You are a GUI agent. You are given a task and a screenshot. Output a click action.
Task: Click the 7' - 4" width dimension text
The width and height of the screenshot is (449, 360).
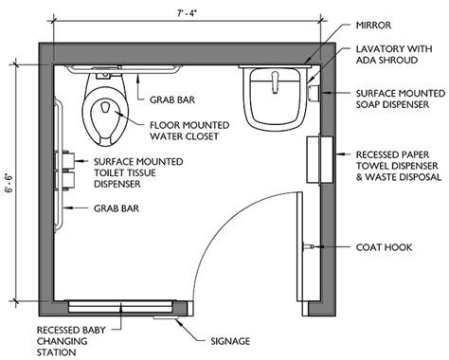[x=188, y=14]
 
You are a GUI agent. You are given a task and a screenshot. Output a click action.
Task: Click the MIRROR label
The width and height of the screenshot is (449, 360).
[x=373, y=26]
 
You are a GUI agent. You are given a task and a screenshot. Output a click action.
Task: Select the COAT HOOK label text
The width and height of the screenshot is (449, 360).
[x=384, y=247]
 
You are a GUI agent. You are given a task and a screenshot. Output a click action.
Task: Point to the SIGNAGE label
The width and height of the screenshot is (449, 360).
[x=230, y=341]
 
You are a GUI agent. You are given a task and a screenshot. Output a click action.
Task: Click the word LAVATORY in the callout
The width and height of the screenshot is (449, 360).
[x=379, y=49]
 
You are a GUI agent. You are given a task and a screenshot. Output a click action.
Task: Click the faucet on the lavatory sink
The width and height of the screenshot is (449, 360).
[x=275, y=82]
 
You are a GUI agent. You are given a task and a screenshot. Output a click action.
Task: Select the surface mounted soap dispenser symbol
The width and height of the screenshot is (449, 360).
[x=314, y=93]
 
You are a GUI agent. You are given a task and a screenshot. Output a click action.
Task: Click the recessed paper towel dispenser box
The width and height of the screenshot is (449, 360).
[x=320, y=159]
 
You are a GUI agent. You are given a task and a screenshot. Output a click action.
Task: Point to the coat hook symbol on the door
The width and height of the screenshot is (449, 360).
[x=309, y=246]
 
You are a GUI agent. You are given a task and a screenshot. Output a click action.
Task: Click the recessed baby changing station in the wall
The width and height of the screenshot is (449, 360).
[x=121, y=306]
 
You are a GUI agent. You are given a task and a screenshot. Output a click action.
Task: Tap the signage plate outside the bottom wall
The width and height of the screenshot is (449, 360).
[x=166, y=317]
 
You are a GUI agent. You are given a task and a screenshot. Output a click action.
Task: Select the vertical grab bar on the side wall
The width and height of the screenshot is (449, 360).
[x=59, y=165]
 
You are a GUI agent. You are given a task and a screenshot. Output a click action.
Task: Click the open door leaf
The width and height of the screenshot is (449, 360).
[x=299, y=246]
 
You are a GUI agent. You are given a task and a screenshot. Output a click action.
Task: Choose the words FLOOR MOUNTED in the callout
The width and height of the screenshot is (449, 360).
[x=189, y=125]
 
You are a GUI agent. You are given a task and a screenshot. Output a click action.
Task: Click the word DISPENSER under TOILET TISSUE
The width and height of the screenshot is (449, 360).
[x=117, y=184]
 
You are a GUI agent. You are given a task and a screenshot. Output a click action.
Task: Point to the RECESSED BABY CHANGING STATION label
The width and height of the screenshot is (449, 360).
[x=71, y=341]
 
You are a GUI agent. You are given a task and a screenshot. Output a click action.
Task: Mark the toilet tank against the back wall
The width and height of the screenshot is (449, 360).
[x=105, y=73]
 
